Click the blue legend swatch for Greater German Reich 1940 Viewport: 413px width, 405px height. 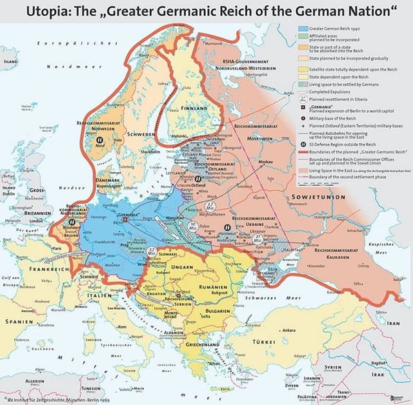tap(303, 29)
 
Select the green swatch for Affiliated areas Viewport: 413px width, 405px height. tap(303, 38)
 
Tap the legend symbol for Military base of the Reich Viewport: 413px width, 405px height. tap(303, 119)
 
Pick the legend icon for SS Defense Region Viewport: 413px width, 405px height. tap(303, 143)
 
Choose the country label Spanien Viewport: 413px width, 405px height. tap(23, 320)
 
